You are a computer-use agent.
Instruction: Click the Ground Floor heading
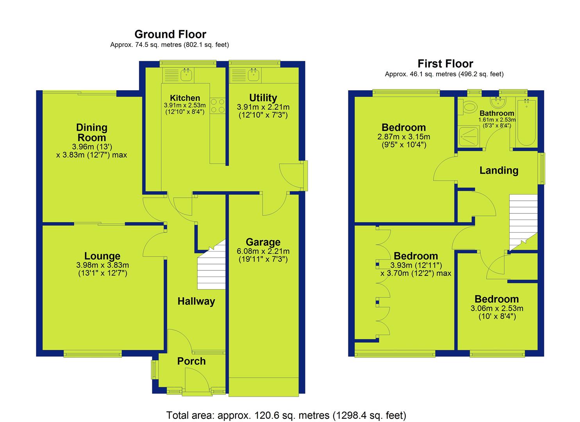[170, 34]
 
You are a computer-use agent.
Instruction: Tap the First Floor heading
[445, 63]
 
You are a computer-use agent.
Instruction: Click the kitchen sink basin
[186, 75]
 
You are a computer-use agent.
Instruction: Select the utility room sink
[253, 75]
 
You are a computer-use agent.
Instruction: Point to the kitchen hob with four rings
[218, 105]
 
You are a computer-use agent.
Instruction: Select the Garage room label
[263, 242]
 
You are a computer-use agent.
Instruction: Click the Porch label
[191, 361]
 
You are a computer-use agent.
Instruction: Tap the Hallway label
[196, 301]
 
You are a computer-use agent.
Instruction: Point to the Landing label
[499, 170]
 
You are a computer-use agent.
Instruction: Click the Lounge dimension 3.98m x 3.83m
[103, 265]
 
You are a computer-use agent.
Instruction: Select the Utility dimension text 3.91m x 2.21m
[263, 107]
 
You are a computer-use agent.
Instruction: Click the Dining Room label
[92, 132]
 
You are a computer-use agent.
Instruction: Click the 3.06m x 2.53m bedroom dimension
[497, 308]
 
